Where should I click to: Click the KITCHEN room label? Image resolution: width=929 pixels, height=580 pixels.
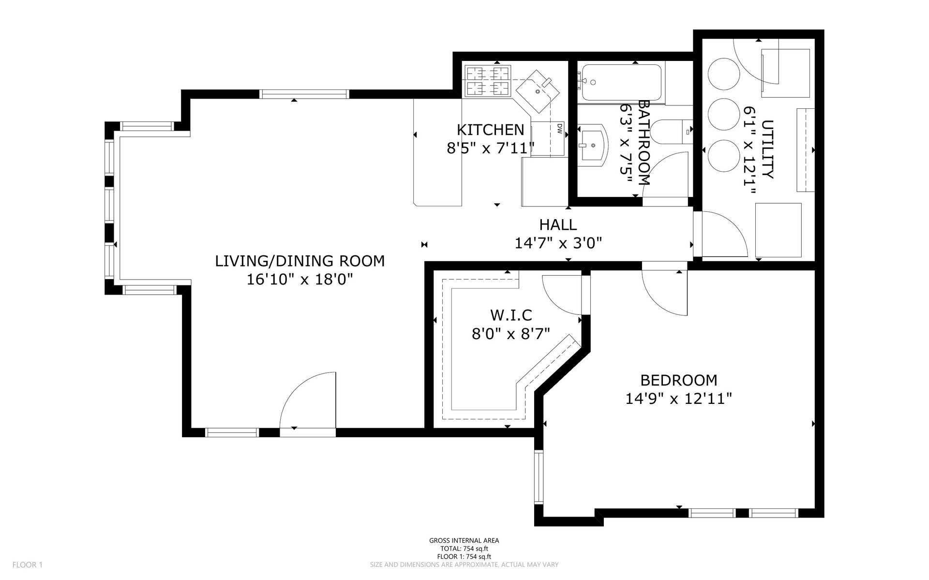coord(490,130)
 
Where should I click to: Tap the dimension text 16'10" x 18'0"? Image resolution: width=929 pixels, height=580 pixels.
coord(300,280)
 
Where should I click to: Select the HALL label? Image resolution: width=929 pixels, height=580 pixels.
coord(558,224)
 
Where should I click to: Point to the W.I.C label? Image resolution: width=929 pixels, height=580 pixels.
coord(511,315)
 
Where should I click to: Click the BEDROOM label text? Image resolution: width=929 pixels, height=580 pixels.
coord(678,380)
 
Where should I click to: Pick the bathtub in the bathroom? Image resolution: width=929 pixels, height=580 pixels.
coord(621,83)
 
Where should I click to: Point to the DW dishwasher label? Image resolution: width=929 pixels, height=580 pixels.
coord(559,128)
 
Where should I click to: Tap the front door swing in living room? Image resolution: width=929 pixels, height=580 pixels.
coord(308,400)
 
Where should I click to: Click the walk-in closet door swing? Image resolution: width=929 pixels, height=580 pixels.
coord(562,295)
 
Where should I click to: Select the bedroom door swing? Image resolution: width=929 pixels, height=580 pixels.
coord(664,293)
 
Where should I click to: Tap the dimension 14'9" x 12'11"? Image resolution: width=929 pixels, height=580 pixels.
coord(678,399)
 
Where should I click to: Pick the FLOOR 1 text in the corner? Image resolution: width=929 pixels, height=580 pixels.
coord(28,565)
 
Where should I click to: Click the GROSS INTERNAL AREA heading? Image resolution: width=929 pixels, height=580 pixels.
coord(464,540)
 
